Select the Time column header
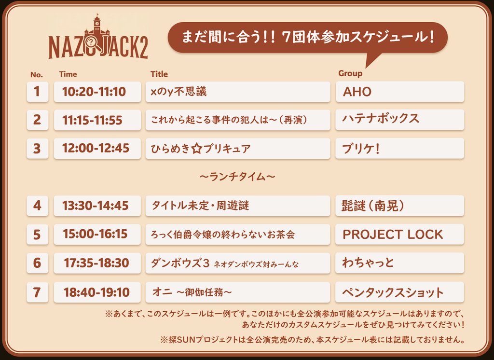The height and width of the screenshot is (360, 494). [x=68, y=74]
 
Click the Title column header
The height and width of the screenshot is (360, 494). [x=159, y=74]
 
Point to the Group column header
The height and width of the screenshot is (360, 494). [x=350, y=73]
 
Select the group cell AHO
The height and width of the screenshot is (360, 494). [x=399, y=92]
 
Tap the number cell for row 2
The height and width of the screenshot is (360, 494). [x=37, y=120]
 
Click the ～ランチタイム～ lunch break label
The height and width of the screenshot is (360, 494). [x=237, y=177]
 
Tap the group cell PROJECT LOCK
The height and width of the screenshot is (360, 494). [x=399, y=235]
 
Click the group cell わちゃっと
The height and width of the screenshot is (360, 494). [x=399, y=263]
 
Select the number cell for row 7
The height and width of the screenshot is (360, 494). [x=37, y=292]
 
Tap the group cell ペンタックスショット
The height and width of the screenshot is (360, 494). [x=399, y=292]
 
